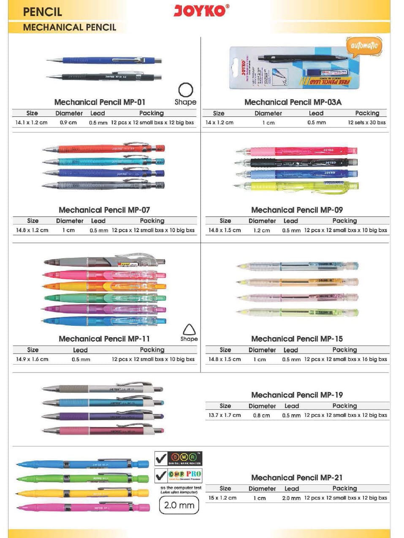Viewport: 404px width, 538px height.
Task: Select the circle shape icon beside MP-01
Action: click(186, 90)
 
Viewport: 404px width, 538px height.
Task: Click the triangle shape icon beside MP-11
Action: click(189, 329)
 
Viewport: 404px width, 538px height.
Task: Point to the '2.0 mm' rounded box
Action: click(179, 505)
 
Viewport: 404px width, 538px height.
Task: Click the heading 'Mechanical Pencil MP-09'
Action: click(297, 210)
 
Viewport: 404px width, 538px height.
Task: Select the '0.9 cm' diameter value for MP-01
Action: click(68, 123)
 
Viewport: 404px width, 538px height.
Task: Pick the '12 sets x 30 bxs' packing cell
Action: click(366, 123)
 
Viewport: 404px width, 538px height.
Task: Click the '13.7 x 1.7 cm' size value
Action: click(225, 415)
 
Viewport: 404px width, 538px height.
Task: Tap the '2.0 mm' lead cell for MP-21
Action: click(291, 498)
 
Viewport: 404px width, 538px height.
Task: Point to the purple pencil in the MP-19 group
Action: click(103, 416)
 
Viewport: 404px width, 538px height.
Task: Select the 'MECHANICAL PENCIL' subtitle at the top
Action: click(70, 27)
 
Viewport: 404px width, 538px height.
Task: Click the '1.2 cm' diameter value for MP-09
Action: click(261, 230)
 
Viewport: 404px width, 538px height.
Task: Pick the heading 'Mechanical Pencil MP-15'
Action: click(297, 339)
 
